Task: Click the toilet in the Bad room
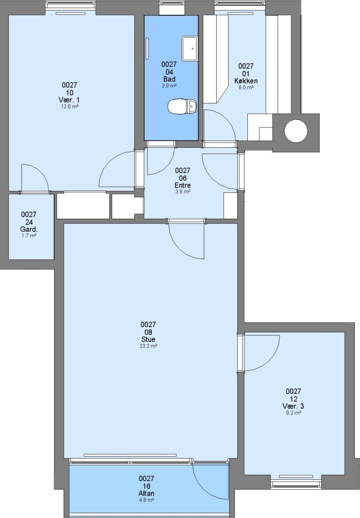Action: pos(183,106)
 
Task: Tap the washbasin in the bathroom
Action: pos(189,48)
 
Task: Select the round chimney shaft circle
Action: pos(296,130)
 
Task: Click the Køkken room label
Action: pos(246,81)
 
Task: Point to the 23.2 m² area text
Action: pos(148,346)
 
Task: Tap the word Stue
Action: pos(148,339)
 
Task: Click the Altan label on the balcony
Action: pos(146,493)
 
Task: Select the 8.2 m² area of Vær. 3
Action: pos(293,413)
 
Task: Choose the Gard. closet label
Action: pos(29,229)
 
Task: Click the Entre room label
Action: pos(183,185)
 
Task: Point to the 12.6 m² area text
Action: pos(70,106)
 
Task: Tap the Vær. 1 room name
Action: pos(70,100)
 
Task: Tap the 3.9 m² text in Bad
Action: pos(169,86)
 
